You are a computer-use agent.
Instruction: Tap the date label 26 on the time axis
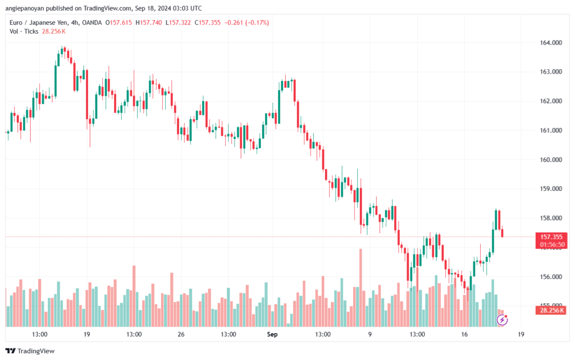[181, 334]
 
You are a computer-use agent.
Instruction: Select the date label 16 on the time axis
[464, 334]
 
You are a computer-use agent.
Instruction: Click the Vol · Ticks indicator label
[23, 31]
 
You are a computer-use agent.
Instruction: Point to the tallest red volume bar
[360, 286]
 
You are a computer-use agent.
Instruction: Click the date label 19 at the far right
[521, 334]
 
